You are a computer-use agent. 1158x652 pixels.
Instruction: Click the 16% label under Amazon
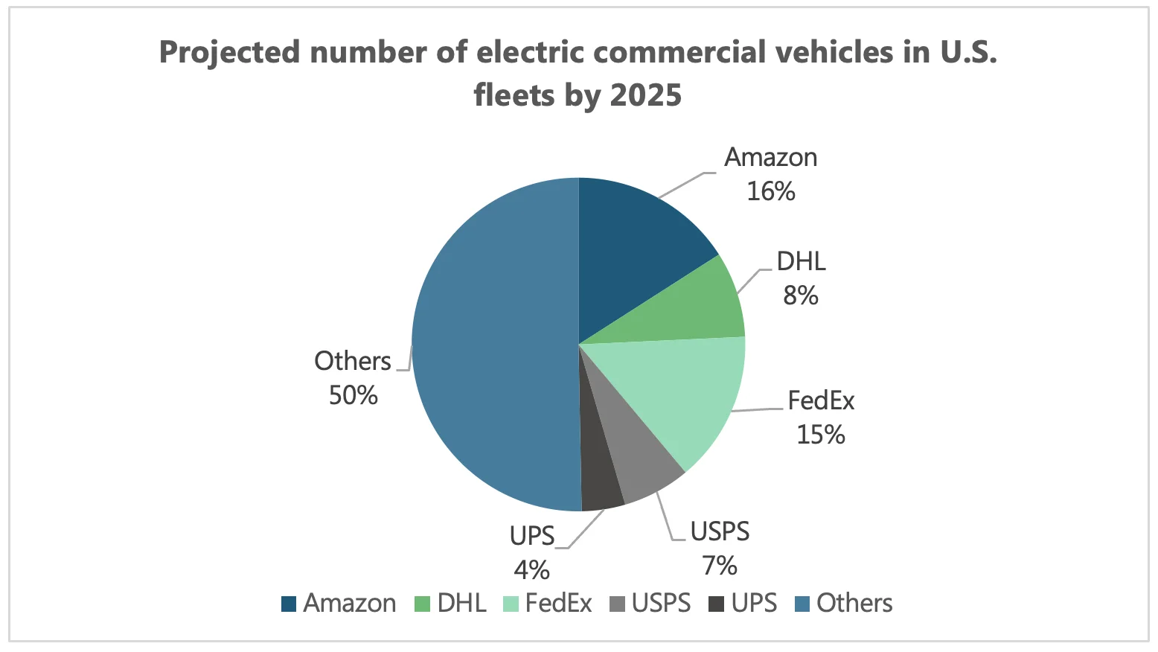pos(771,192)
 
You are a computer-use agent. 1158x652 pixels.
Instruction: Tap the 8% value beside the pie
pos(801,296)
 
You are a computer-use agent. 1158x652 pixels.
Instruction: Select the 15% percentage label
pos(821,435)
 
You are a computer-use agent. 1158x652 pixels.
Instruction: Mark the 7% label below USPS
pos(720,566)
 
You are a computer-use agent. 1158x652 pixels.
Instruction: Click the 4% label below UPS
pos(531,570)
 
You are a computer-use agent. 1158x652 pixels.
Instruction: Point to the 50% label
pos(354,395)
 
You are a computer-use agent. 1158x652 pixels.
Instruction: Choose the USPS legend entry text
pos(661,604)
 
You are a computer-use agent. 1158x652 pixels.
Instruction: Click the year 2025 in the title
pos(644,95)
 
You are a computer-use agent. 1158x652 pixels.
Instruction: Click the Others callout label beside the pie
pos(352,361)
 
